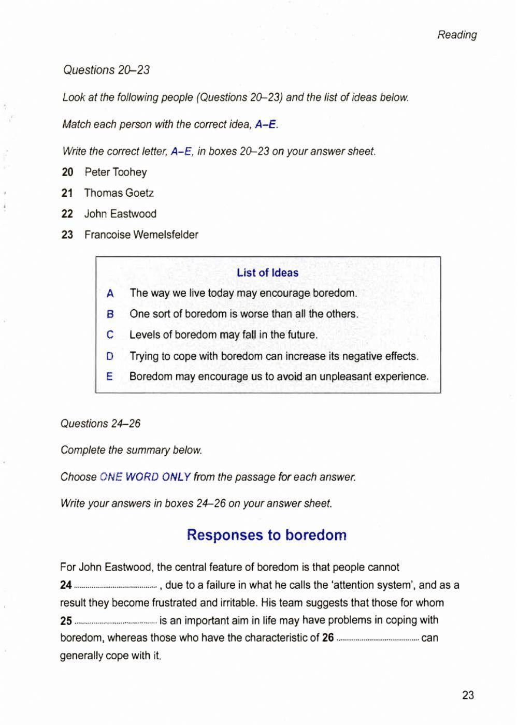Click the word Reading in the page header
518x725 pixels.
pos(457,35)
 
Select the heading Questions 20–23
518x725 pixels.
pos(106,70)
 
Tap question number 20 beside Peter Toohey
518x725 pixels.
pos(67,172)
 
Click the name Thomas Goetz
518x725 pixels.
pos(119,193)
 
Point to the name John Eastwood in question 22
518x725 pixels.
pos(120,214)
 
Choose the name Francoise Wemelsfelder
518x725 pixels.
pos(141,235)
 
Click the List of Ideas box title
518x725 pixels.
pos(267,273)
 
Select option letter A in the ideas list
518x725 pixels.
pos(110,294)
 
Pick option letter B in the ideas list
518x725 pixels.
pos(110,314)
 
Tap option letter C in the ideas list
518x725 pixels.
pos(110,335)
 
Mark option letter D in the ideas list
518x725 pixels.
pos(110,356)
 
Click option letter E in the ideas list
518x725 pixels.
pos(109,377)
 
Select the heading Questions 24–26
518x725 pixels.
pos(100,424)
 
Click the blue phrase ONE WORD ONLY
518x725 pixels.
pos(145,477)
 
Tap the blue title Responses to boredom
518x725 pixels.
pos(266,535)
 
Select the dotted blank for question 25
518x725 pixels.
pos(116,621)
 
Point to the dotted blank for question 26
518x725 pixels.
pos(378,639)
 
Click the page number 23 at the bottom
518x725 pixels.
pos(468,695)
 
